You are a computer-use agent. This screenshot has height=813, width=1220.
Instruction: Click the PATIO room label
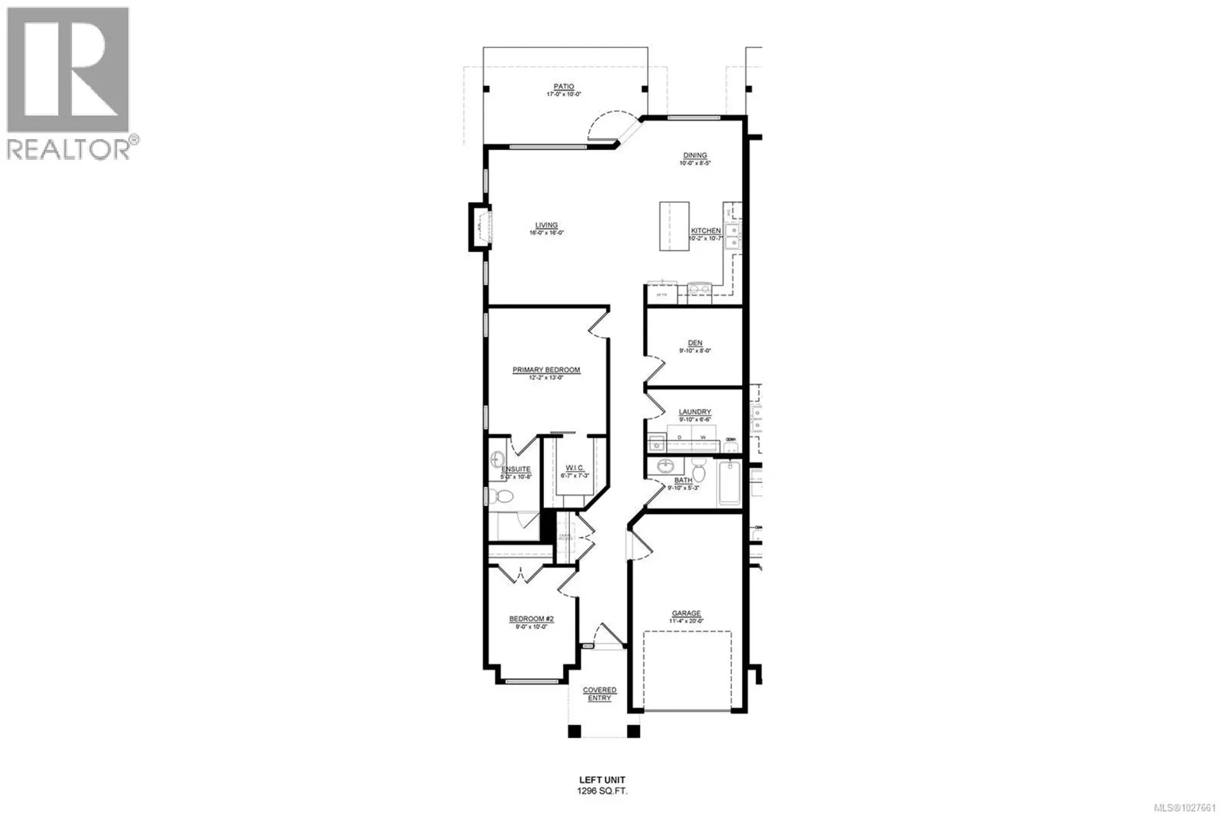[x=564, y=87]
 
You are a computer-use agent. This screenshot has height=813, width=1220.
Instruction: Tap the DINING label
[x=695, y=156]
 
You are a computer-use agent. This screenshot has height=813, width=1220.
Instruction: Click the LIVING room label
[x=546, y=225]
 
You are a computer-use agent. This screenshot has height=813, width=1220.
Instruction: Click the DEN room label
[x=695, y=343]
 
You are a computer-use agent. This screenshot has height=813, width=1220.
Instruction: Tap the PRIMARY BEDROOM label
[x=546, y=370]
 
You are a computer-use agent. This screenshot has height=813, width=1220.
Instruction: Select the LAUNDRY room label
[x=695, y=412]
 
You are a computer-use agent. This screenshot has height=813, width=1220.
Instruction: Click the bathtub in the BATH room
[x=730, y=484]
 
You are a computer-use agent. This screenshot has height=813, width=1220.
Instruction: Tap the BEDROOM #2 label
[x=531, y=619]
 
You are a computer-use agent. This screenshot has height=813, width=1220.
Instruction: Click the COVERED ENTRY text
[x=599, y=694]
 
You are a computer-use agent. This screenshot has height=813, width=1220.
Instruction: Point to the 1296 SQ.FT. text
[x=602, y=791]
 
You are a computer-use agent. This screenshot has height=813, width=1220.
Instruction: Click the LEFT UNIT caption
[x=602, y=780]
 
